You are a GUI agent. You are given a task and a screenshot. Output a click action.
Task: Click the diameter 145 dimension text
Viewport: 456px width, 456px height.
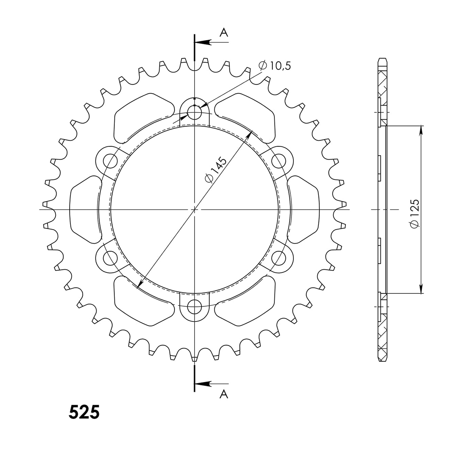pos(215,169)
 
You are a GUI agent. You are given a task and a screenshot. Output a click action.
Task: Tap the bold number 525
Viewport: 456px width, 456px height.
pos(84,412)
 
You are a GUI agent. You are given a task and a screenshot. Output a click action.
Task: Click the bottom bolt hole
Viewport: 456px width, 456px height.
pos(195,306)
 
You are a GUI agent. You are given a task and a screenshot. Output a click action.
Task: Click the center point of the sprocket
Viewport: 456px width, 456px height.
pos(195,209)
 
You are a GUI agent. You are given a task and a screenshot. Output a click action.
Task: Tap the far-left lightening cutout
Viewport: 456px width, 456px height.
pos(85,209)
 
